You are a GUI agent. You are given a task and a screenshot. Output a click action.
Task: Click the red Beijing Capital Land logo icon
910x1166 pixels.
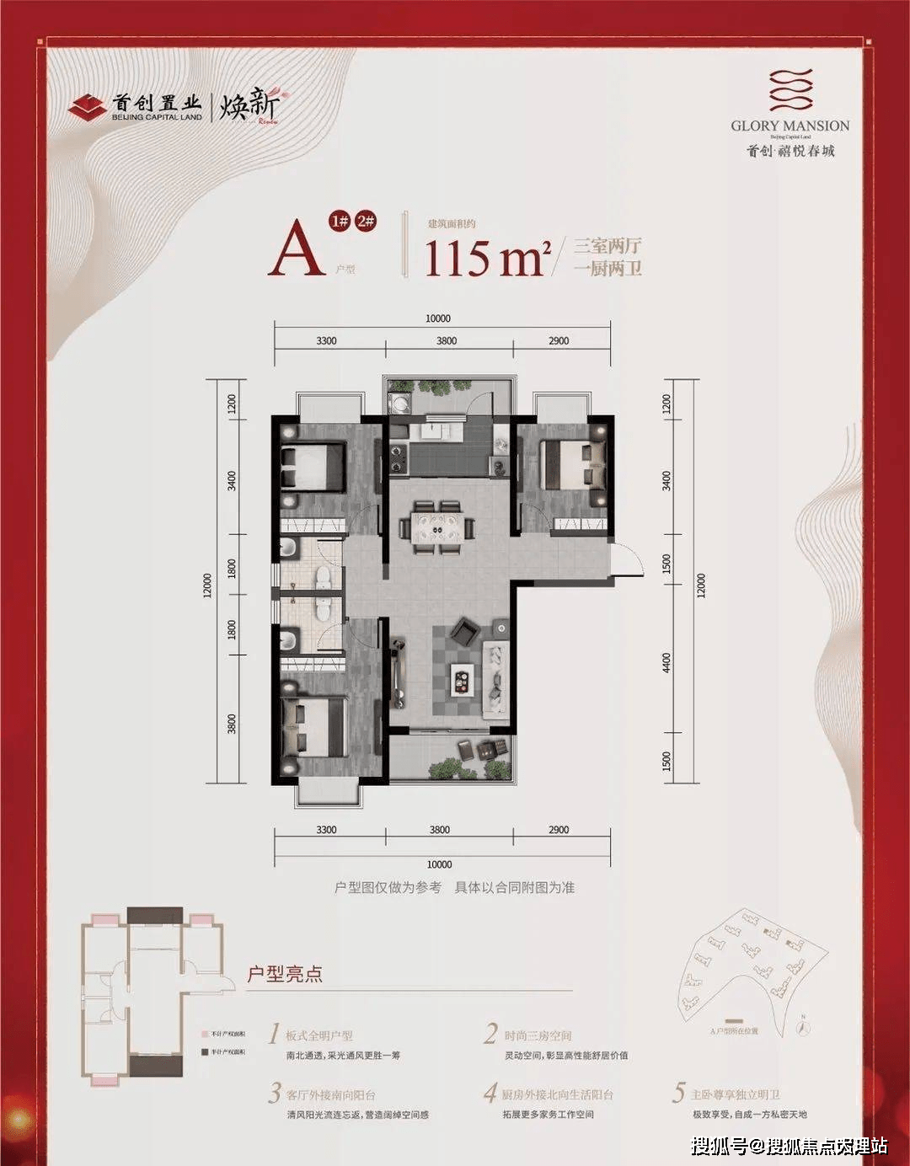88,107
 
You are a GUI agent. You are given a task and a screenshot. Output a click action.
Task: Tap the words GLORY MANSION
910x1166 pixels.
790,126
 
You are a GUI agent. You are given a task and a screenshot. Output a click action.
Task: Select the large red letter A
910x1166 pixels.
296,251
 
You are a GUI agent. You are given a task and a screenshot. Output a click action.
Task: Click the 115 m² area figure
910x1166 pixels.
486,258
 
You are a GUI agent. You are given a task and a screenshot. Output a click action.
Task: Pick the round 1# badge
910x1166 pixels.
339,222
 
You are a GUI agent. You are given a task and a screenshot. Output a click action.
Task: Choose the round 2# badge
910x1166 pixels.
367,222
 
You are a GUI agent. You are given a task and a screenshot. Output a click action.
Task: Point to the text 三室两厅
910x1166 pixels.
608,246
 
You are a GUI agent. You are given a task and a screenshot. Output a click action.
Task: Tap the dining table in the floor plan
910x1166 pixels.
436,527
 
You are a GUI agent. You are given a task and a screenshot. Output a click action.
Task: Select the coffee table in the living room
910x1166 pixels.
463,677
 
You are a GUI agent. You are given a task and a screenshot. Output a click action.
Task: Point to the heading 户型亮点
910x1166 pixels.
284,974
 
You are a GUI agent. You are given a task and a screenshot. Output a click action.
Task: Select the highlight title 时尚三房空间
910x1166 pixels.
538,1035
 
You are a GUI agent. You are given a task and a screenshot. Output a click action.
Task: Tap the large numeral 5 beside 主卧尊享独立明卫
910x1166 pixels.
677,1094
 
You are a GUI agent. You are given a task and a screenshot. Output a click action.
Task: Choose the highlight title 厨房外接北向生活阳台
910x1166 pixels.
558,1094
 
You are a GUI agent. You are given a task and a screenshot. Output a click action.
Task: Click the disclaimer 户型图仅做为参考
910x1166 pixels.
388,887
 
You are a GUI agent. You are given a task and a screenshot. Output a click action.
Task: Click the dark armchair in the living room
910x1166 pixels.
463,631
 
